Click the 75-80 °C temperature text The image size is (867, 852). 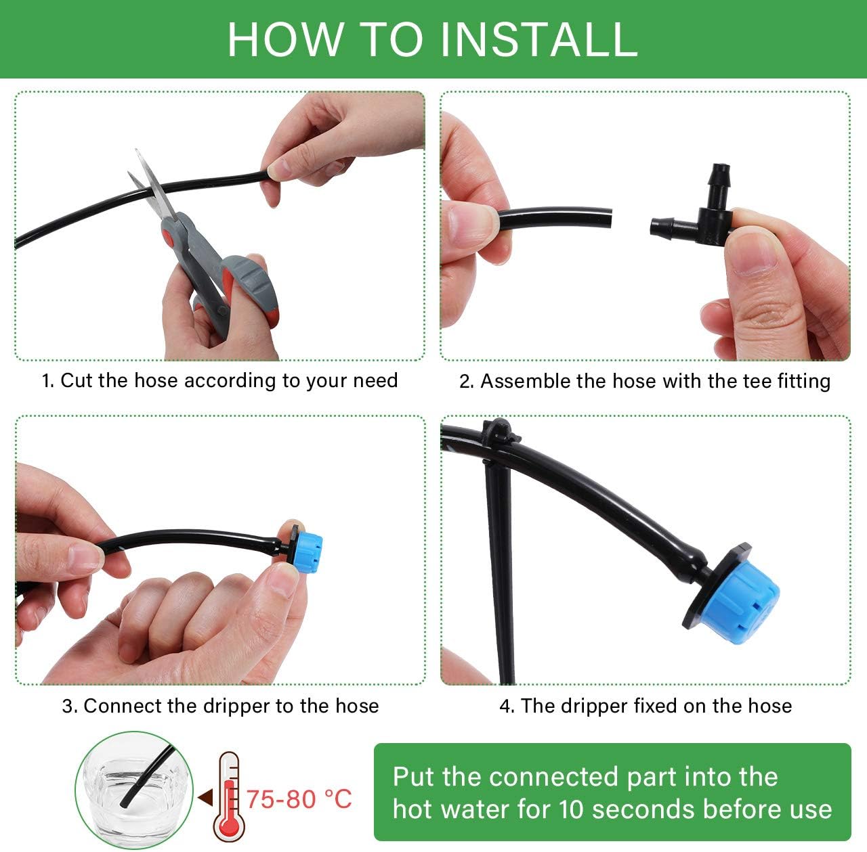pyautogui.click(x=299, y=799)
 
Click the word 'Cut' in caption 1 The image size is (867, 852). pyautogui.click(x=77, y=380)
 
